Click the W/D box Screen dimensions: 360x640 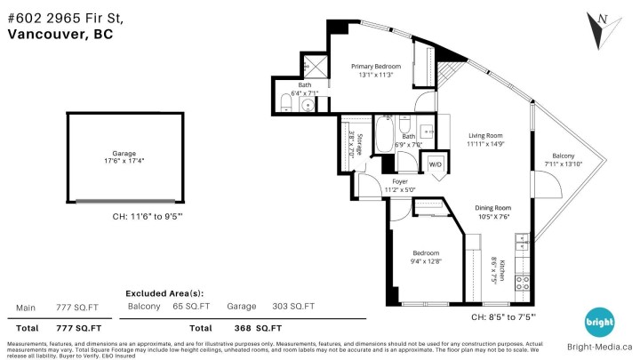(x=436, y=165)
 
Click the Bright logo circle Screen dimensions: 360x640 (x=597, y=323)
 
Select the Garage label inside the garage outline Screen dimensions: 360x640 (x=116, y=153)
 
